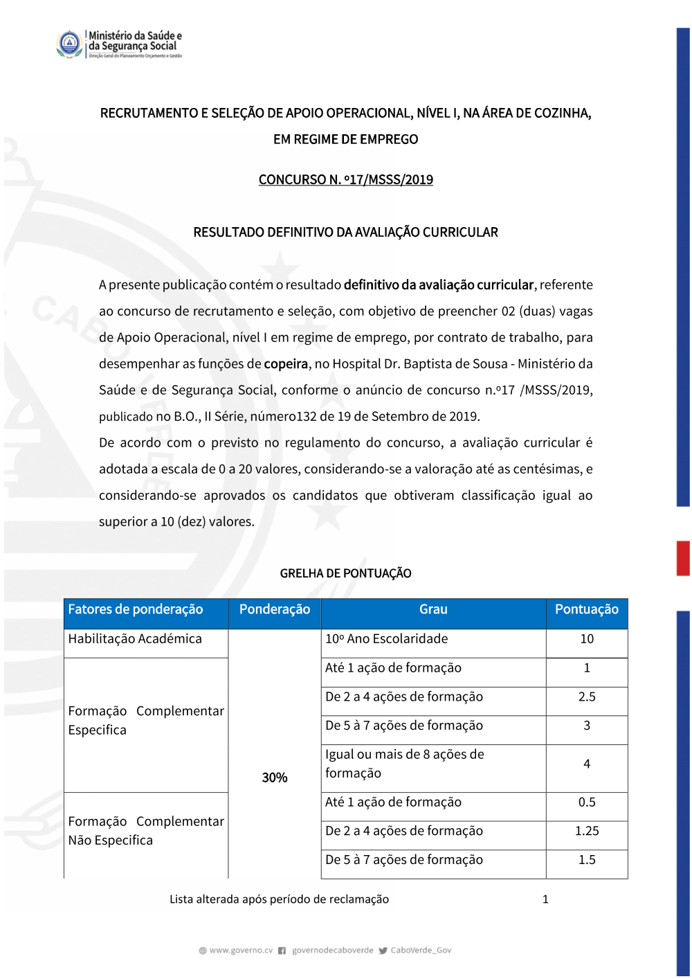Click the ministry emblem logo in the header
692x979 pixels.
tap(69, 44)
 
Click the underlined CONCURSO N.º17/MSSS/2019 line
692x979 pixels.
tap(345, 180)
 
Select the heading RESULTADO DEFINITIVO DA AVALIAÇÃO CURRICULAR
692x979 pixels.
tap(345, 233)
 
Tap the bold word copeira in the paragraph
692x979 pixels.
tap(286, 364)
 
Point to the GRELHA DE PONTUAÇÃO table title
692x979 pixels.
tap(345, 573)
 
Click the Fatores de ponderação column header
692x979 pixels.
tap(136, 610)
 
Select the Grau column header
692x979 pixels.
tap(433, 610)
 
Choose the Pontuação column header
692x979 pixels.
tap(586, 610)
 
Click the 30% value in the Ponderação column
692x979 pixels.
tap(274, 778)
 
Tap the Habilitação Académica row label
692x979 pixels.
tap(135, 639)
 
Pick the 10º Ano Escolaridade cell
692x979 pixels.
tap(387, 639)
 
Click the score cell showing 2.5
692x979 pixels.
tap(586, 697)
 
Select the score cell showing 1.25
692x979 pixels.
tap(586, 831)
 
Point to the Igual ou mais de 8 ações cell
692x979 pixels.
tap(405, 764)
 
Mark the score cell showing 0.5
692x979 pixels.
tap(586, 802)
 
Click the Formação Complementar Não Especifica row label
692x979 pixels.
tap(145, 831)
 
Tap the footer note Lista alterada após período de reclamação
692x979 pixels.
tap(279, 899)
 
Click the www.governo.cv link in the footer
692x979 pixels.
tap(241, 951)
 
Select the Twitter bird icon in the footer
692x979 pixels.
tap(383, 951)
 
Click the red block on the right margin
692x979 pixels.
tap(683, 558)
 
